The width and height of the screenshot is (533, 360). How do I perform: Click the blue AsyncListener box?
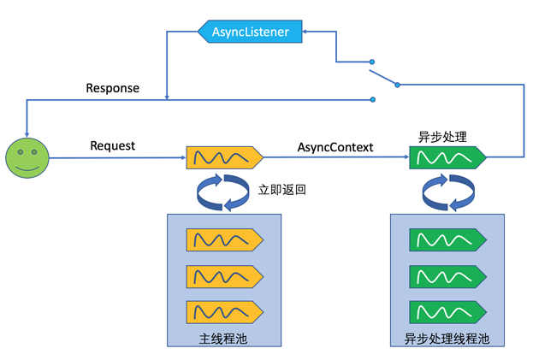pyautogui.click(x=243, y=32)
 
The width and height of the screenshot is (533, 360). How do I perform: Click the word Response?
pyautogui.click(x=113, y=88)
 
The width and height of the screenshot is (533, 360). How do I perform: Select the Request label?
pyautogui.click(x=113, y=146)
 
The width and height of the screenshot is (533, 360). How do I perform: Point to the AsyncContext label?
pyautogui.click(x=335, y=146)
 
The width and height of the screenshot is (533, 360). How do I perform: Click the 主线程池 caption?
pyautogui.click(x=224, y=336)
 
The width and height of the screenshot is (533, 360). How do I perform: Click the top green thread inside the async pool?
pyautogui.click(x=447, y=239)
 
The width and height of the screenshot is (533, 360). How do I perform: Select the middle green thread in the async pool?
pyautogui.click(x=447, y=275)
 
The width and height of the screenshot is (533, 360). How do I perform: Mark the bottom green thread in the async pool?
pyautogui.click(x=447, y=311)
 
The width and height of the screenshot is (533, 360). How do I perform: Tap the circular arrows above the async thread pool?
pyautogui.click(x=447, y=193)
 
